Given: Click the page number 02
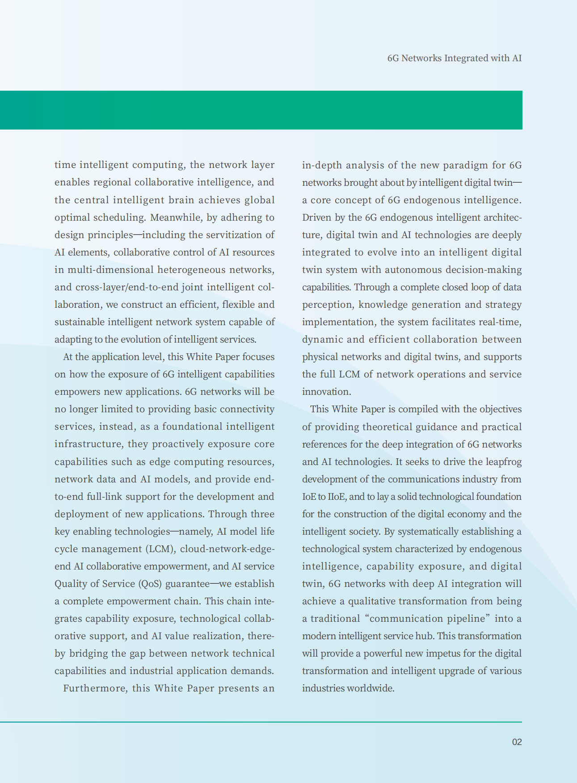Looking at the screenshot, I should coord(517,742).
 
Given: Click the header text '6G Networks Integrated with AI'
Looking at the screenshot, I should coord(454,58).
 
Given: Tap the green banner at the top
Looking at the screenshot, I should coord(261,110).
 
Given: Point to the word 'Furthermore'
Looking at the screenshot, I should coord(94,688).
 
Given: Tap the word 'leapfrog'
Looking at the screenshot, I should coord(501,462).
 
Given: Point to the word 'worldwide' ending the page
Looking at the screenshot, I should coord(371,688).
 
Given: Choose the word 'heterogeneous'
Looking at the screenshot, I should coord(191,270).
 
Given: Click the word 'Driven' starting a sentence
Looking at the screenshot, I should coord(316,218).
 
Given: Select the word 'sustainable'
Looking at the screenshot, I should coord(79,322).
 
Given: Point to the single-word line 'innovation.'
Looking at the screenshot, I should coord(326,392).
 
